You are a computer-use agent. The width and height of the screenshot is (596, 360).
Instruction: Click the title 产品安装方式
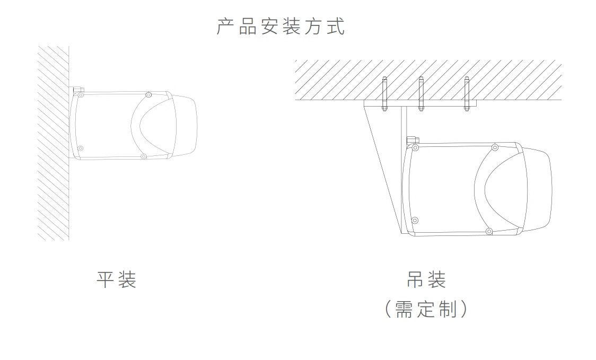(281, 26)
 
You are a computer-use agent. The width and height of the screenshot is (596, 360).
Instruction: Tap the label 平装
(116, 279)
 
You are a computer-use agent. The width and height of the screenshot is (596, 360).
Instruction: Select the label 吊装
(426, 279)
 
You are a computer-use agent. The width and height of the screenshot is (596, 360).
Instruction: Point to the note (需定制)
(426, 309)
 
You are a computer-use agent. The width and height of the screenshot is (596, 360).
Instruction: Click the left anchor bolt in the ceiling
(384, 94)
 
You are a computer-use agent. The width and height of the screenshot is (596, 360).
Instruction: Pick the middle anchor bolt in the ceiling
(421, 94)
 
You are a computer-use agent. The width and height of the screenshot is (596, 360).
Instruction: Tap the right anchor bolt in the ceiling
(467, 94)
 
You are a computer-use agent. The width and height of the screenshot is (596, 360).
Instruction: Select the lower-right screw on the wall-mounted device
(143, 156)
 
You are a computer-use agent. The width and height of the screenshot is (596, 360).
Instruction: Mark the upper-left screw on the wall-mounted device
(81, 95)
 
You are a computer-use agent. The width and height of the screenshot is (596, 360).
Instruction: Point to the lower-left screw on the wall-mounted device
(80, 148)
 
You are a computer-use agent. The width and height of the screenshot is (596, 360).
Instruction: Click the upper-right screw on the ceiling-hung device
(495, 147)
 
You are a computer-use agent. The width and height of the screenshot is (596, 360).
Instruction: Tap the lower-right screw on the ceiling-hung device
(489, 231)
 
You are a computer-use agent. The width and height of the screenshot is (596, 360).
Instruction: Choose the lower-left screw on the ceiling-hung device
(415, 220)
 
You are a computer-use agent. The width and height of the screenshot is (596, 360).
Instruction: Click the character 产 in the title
(225, 26)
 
